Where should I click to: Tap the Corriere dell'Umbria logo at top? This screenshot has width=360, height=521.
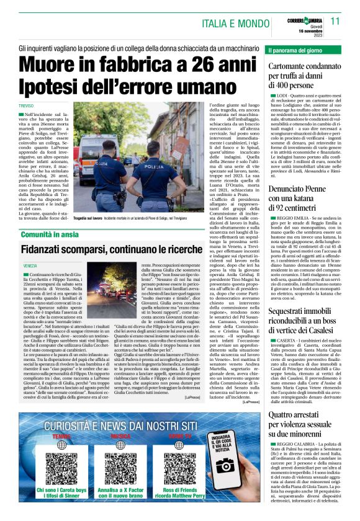[x=307, y=17]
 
